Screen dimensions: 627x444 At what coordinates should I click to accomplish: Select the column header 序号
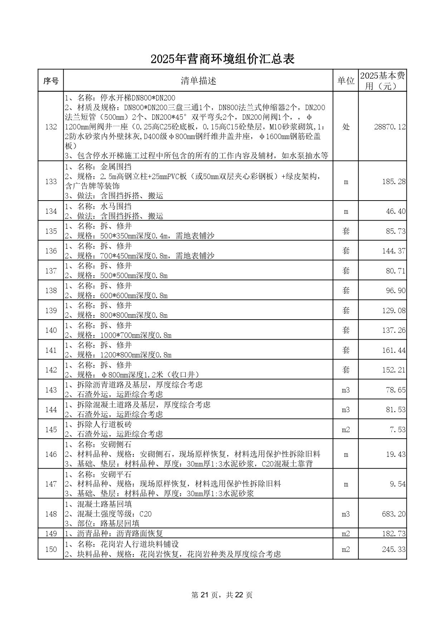51,81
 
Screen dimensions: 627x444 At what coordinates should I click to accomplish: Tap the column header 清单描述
198,81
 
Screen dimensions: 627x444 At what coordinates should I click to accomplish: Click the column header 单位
346,81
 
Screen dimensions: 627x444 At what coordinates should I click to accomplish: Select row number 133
51,182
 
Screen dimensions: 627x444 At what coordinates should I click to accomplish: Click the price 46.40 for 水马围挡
396,211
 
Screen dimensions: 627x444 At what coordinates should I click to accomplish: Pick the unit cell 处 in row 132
346,127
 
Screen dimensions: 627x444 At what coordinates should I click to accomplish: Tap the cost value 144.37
394,251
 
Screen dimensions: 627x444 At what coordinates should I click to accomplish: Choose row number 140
51,330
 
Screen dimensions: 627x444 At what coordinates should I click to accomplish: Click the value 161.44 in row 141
394,350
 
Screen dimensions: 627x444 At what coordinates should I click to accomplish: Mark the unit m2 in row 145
346,430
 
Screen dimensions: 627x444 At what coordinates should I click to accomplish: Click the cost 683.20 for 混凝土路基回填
394,514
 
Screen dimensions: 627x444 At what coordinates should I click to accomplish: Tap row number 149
51,534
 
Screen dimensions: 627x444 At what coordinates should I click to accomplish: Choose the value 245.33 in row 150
394,549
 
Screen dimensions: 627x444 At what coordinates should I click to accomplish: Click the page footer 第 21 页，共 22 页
222,595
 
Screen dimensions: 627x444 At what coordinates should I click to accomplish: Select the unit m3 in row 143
346,390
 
